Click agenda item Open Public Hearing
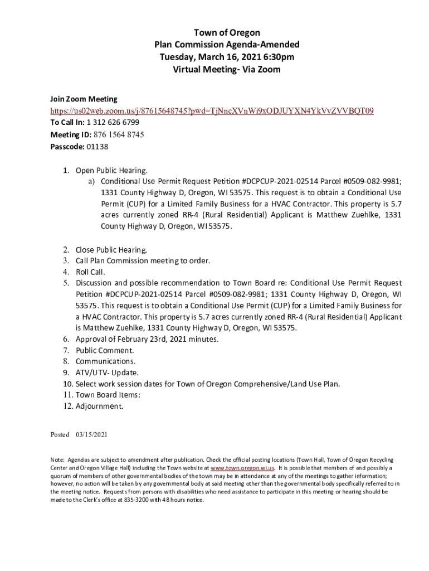(112, 171)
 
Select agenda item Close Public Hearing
(111, 250)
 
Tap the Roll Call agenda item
(90, 272)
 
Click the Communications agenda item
(106, 361)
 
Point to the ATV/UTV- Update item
(100, 372)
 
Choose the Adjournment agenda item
(100, 406)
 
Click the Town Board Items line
(108, 395)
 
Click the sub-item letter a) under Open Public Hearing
(90, 181)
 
